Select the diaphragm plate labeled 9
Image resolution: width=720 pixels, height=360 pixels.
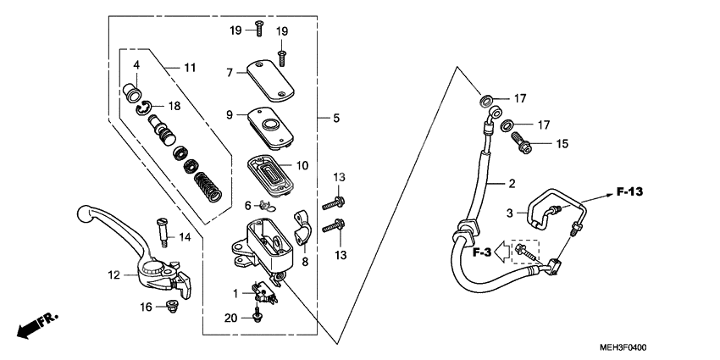pyautogui.click(x=269, y=126)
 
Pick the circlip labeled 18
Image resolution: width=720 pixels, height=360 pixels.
pyautogui.click(x=147, y=106)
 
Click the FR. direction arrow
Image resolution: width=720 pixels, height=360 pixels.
pyautogui.click(x=37, y=325)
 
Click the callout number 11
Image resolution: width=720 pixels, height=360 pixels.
pyautogui.click(x=189, y=67)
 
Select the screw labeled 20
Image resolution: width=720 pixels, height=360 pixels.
pyautogui.click(x=256, y=318)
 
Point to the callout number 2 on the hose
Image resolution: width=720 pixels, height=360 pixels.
pyautogui.click(x=512, y=183)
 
